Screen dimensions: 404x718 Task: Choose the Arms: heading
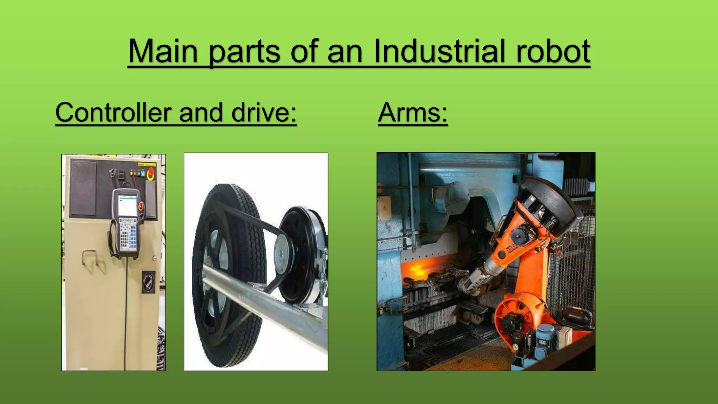point(413,113)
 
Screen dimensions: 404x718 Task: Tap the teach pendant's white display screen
point(128,206)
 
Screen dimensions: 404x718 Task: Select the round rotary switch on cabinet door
point(148,281)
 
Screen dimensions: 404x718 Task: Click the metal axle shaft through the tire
point(266,302)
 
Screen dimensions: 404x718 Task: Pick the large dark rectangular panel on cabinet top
point(83,188)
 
